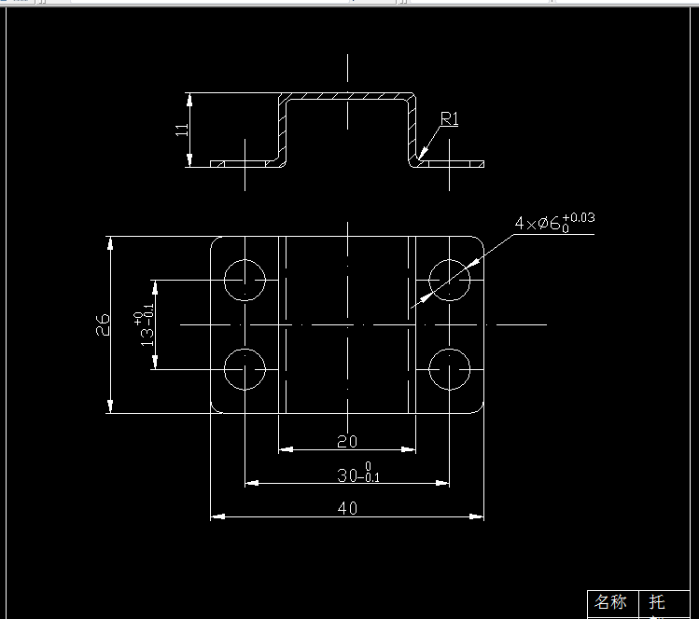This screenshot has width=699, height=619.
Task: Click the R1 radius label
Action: (449, 118)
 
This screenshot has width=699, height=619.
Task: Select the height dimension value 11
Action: (182, 130)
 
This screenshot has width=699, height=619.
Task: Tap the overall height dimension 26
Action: (103, 323)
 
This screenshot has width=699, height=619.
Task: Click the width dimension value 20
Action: (346, 441)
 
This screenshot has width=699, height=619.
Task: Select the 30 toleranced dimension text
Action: (358, 474)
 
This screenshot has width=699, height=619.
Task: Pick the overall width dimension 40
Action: (346, 508)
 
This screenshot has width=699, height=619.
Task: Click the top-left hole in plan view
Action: (245, 279)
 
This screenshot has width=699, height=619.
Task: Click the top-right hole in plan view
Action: (449, 279)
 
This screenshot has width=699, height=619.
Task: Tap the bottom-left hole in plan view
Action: (245, 369)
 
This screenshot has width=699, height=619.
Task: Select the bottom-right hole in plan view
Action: (449, 369)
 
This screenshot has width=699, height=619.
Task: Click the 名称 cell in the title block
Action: (612, 602)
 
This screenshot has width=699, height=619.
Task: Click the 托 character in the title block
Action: (658, 602)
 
